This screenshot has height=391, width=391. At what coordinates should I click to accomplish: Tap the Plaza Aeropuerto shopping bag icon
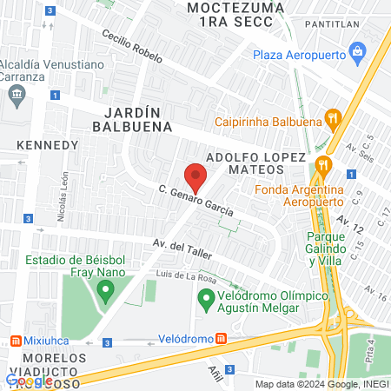tap(357, 55)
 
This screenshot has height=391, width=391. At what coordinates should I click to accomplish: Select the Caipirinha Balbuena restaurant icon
tap(331, 117)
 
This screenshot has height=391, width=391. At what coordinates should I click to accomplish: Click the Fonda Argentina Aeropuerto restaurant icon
tap(322, 163)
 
